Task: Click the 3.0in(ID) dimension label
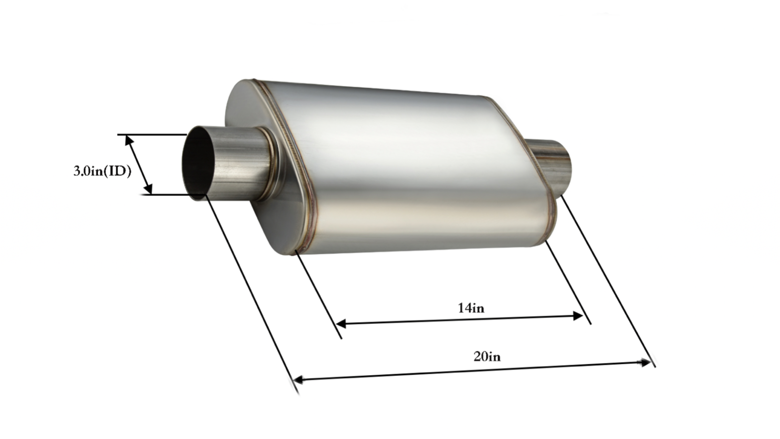(102, 171)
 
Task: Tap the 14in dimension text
(470, 308)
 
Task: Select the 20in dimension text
(487, 357)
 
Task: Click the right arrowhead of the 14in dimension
(579, 316)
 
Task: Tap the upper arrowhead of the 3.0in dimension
(129, 141)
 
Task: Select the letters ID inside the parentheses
(117, 171)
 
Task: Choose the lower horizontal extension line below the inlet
(166, 195)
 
